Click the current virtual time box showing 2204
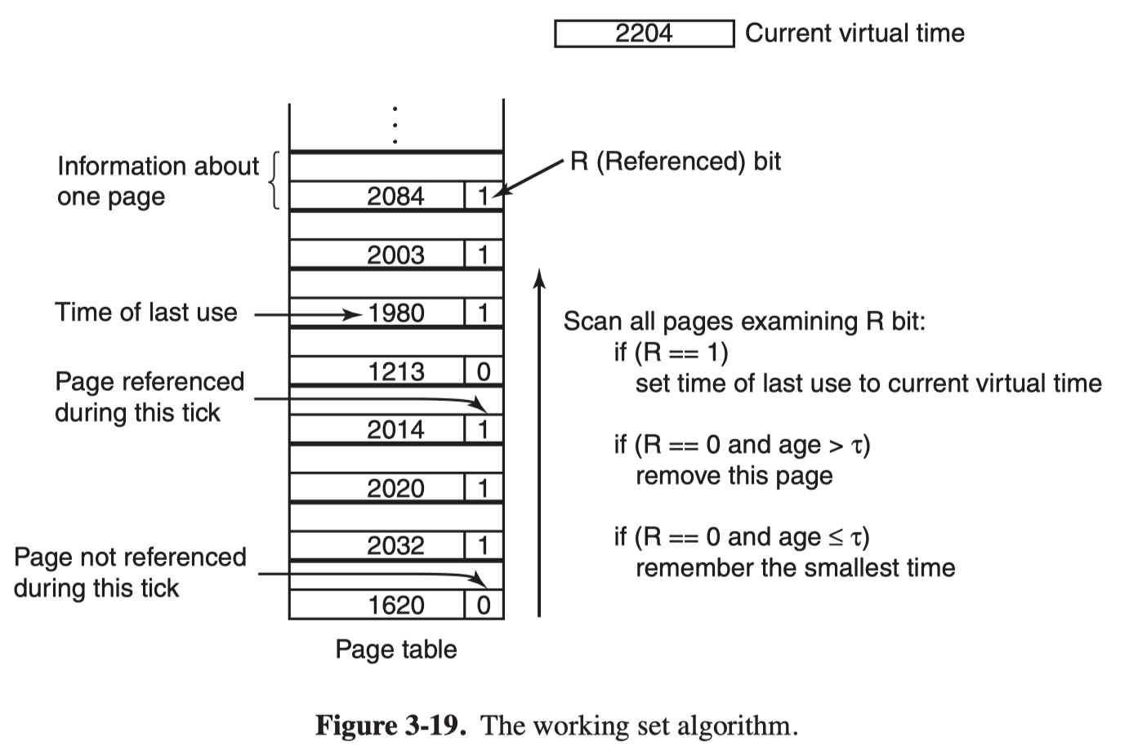click(644, 33)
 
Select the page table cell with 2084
click(377, 195)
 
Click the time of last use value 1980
click(396, 313)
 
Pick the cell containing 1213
click(377, 371)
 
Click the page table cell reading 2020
click(377, 488)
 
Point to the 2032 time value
click(395, 546)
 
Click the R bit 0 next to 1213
click(484, 371)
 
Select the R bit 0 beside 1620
click(484, 605)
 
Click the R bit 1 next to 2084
click(484, 196)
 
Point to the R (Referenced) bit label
click(676, 162)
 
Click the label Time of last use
click(146, 312)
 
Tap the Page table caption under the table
click(396, 649)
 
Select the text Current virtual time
click(855, 33)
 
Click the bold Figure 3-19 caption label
click(390, 726)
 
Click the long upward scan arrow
click(539, 442)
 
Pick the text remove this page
click(734, 476)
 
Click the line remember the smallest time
click(796, 567)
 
